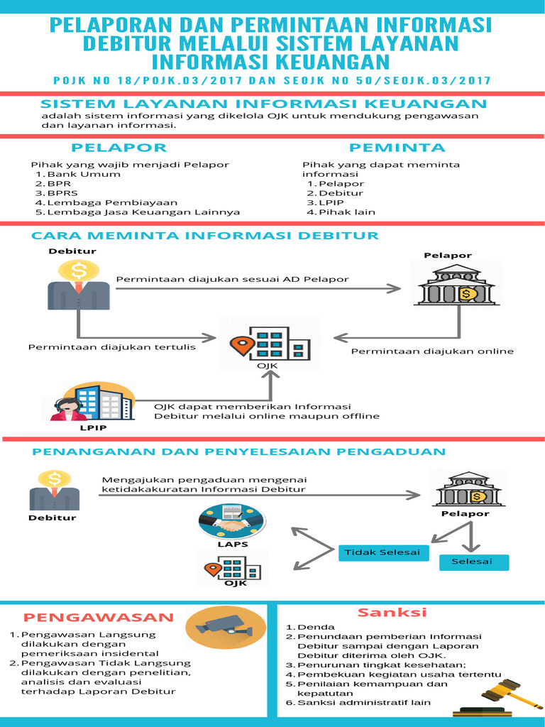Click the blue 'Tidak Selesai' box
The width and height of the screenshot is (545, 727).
pos(379,552)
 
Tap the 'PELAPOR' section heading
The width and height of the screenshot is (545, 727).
pos(119,148)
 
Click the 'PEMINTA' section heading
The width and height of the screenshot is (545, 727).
pos(397,148)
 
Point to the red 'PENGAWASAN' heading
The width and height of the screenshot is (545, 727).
pos(99,617)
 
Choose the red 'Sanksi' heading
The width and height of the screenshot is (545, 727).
pos(392,612)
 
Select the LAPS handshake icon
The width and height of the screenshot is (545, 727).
pos(233,523)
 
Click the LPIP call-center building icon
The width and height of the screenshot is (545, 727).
pos(92,403)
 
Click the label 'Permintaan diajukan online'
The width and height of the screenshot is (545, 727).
pos(433,351)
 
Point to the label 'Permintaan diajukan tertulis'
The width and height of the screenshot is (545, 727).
pos(112,347)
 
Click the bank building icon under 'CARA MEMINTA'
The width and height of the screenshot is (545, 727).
pos(457,285)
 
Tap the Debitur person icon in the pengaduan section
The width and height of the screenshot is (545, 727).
pos(54,491)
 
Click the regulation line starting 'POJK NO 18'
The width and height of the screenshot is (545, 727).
pos(272,80)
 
